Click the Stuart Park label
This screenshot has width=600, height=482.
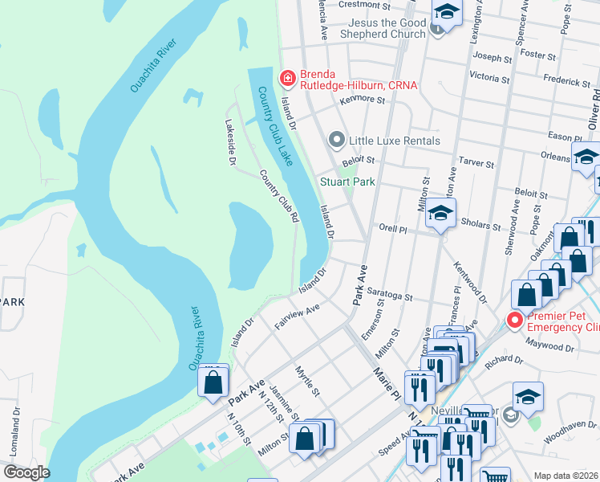[x=347, y=182]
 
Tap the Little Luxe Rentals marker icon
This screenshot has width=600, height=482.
[x=337, y=141]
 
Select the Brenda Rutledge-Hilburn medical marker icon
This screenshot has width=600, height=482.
[x=286, y=78]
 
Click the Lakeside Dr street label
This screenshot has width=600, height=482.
[x=230, y=142]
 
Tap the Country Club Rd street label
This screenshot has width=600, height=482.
[x=278, y=195]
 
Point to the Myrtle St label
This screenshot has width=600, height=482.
[x=308, y=380]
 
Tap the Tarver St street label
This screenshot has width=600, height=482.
[x=476, y=162]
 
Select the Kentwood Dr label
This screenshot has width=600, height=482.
[x=470, y=286]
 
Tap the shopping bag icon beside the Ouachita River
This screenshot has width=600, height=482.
[x=213, y=382]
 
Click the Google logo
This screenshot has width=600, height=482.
[x=26, y=472]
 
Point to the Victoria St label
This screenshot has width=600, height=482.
[x=489, y=76]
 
